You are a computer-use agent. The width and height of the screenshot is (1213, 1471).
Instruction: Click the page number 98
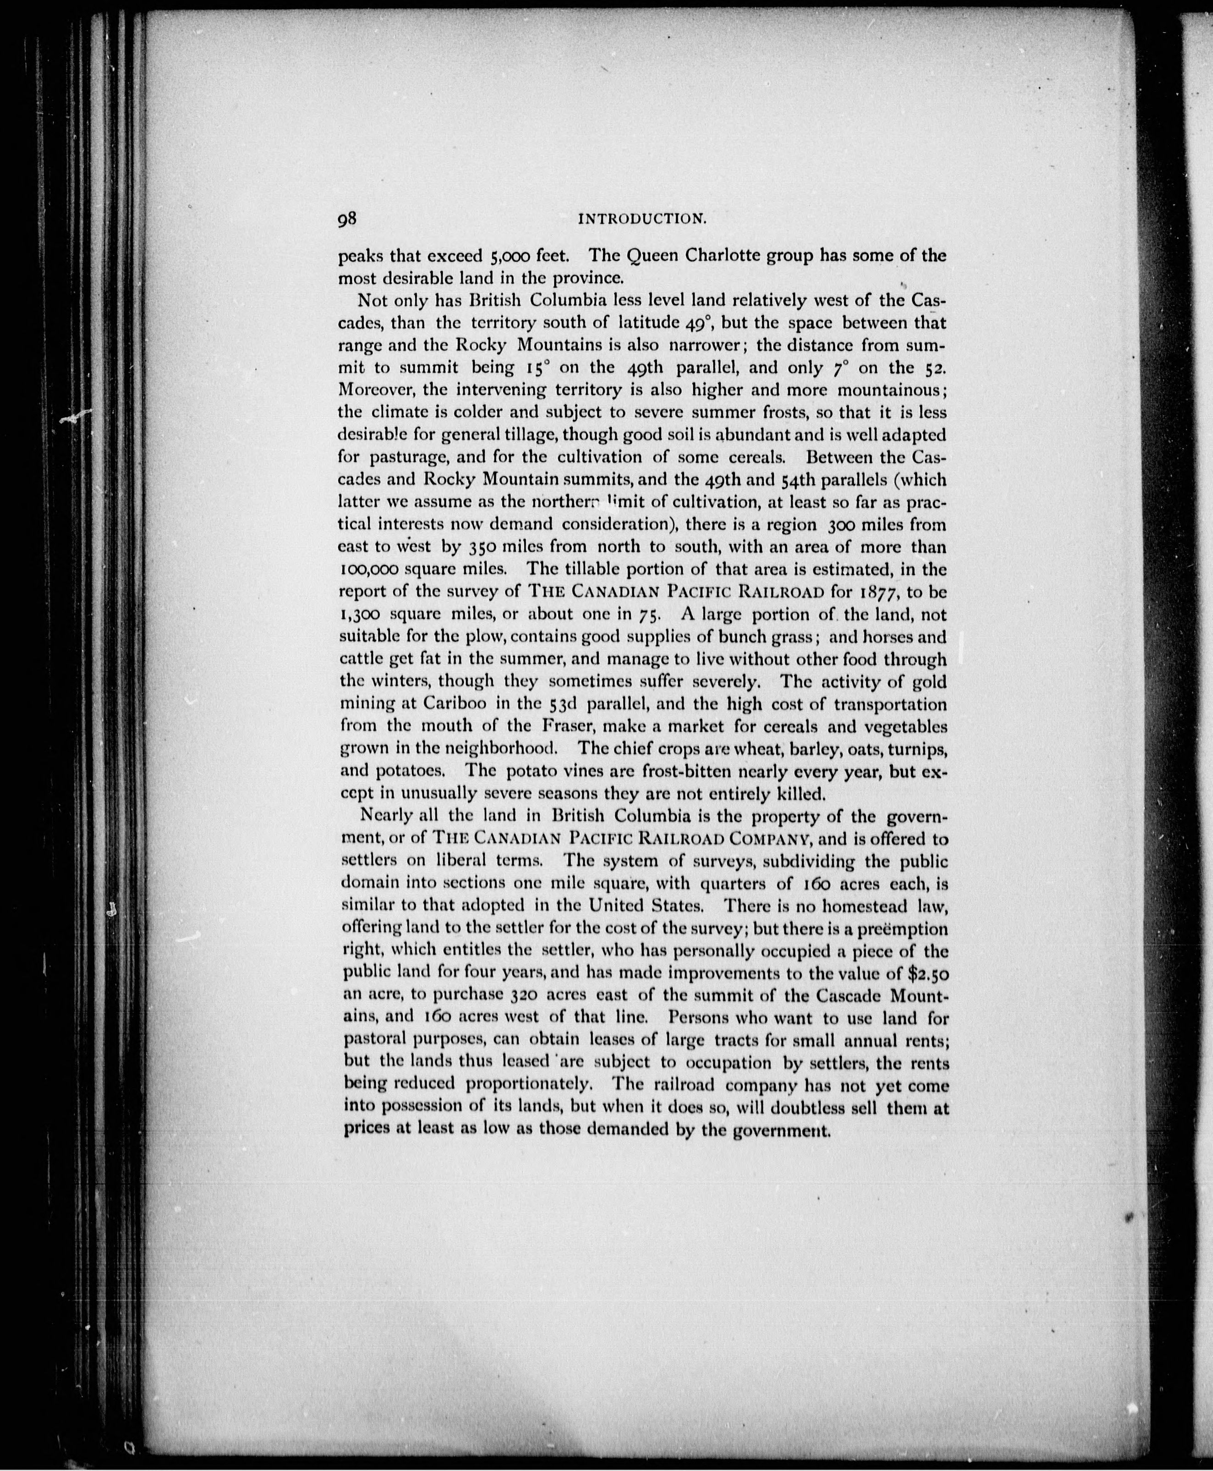coord(348,219)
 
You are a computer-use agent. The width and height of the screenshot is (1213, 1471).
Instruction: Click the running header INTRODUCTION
coord(643,219)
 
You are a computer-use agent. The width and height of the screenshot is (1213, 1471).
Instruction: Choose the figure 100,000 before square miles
coord(370,569)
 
